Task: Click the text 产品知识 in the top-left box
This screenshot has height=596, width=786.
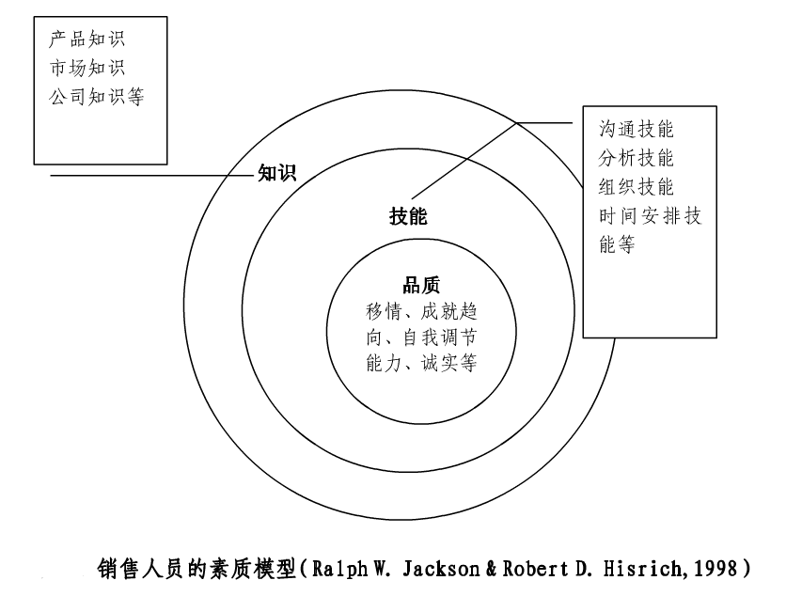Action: click(86, 40)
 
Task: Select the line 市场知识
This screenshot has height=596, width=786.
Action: click(86, 68)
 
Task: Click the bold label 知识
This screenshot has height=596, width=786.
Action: click(276, 173)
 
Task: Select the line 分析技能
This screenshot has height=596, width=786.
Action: click(637, 157)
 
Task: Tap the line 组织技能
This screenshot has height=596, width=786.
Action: click(637, 185)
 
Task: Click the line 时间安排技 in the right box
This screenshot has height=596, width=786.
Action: click(650, 214)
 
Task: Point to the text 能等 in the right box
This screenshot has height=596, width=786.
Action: click(617, 243)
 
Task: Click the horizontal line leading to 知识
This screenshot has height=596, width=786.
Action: click(141, 175)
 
